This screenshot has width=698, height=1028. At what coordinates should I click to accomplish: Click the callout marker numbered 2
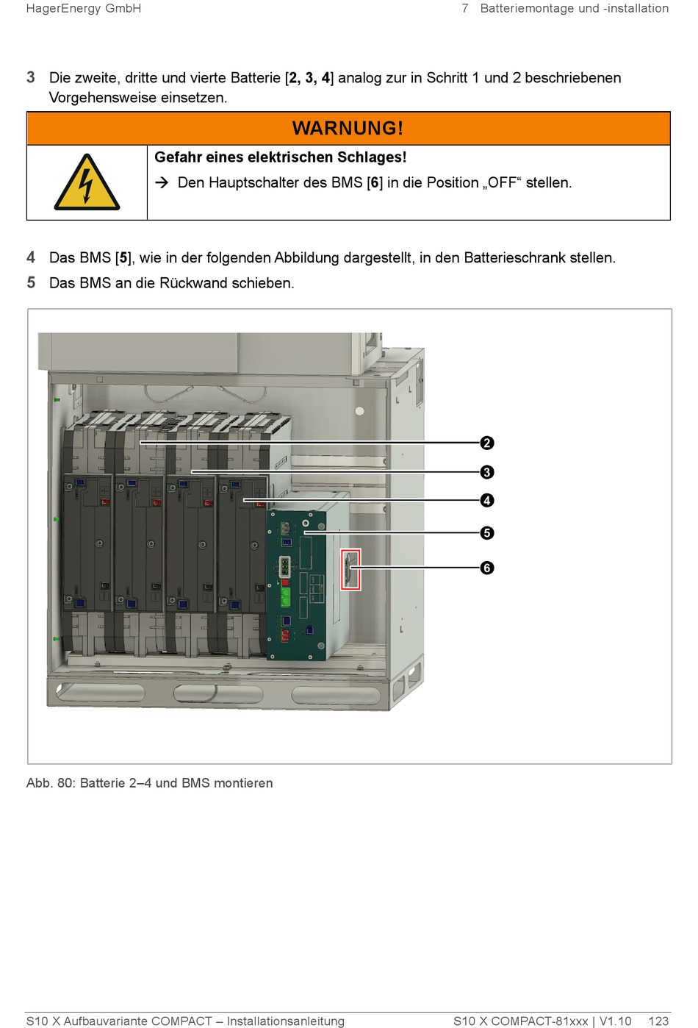pos(486,443)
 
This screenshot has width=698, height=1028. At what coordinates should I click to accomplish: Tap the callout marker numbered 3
pos(486,472)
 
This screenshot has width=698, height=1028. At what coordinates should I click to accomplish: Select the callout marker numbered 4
pos(486,500)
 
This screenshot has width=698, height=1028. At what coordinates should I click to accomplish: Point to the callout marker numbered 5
pos(486,533)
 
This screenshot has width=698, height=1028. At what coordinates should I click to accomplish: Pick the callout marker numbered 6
pos(486,568)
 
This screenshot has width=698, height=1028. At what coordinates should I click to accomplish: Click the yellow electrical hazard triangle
pos(87,182)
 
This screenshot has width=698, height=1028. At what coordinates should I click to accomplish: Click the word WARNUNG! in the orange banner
pos(348,128)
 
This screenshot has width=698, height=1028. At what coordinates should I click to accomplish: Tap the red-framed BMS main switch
pos(350,569)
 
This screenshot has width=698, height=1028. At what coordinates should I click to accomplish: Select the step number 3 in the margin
pos(31,77)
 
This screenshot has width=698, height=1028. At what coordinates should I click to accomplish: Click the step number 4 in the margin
pos(31,257)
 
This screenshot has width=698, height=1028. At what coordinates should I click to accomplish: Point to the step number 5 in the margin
pos(31,282)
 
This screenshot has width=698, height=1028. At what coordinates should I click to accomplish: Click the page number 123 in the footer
pos(658,1021)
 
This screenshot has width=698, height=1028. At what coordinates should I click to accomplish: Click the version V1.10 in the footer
pos(616,1021)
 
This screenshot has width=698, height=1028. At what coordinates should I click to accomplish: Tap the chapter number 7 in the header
pos(465,8)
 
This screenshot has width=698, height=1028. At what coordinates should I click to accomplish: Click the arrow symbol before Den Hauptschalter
pos(162,182)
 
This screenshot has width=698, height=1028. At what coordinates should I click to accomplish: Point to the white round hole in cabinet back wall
pos(359,411)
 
